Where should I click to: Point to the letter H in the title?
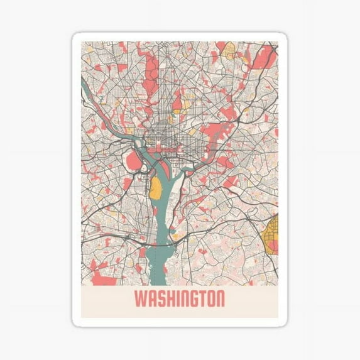click(x=169, y=299)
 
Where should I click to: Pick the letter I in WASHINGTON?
click(x=177, y=299)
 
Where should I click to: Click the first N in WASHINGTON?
click(x=183, y=299)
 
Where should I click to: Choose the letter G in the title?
click(x=193, y=299)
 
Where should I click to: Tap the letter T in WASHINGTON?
click(x=202, y=299)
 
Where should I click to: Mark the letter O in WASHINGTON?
click(x=210, y=299)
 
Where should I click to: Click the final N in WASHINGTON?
click(x=220, y=299)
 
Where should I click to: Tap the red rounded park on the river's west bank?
click(x=135, y=162)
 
